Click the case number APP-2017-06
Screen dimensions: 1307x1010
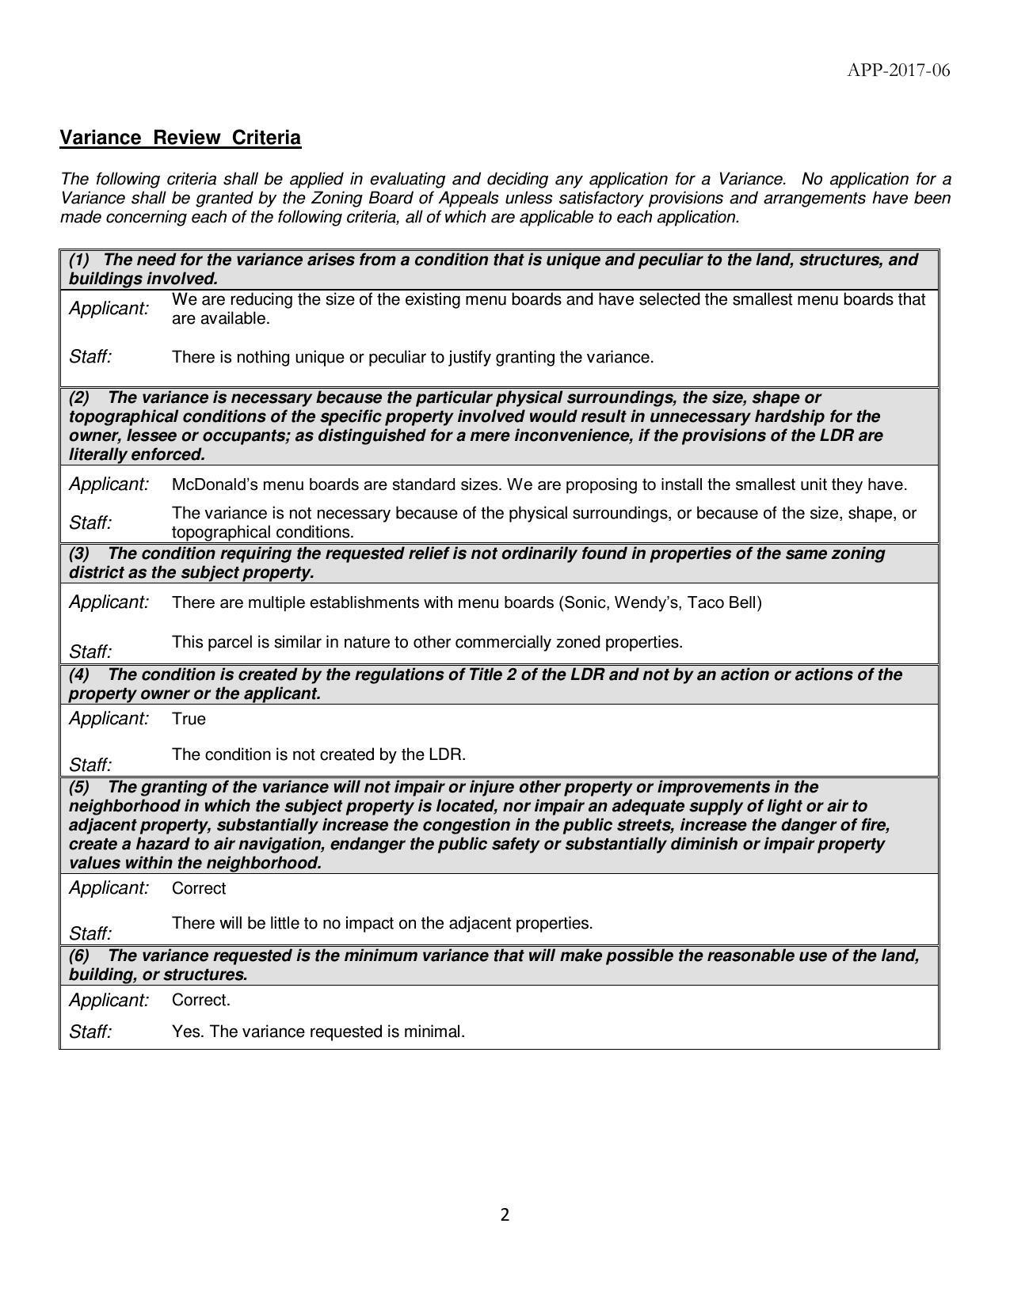coord(898,70)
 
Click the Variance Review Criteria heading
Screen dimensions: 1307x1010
coord(181,138)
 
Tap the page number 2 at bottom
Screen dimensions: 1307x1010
coord(505,1215)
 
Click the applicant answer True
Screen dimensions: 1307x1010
coord(189,719)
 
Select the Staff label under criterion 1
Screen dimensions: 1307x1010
coord(90,357)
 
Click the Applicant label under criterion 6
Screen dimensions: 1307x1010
coord(109,1001)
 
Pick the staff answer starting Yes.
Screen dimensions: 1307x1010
coord(318,1032)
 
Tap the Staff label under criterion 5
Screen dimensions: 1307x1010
coord(90,933)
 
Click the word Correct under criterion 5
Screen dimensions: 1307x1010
coord(199,888)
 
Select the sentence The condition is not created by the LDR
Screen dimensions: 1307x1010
coord(318,754)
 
